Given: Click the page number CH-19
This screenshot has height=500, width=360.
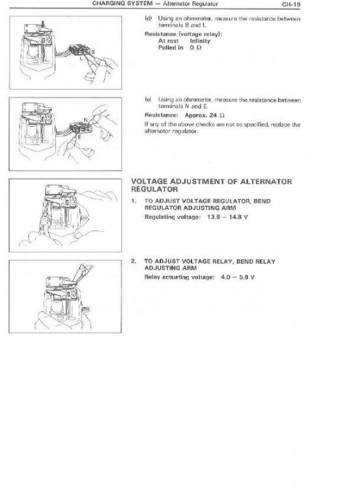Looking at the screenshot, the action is [291, 5].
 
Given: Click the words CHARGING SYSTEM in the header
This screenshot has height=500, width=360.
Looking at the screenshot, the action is [122, 4].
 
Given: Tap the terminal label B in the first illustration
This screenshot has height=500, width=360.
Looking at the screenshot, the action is [93, 51].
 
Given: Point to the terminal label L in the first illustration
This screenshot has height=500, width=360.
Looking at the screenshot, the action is [81, 59].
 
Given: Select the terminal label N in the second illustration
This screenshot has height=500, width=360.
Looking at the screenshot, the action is [85, 120].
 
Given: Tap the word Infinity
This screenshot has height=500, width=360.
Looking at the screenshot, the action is [200, 41].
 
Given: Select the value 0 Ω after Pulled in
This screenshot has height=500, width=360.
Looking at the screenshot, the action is [195, 48].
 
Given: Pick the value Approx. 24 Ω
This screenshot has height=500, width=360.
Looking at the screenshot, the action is [204, 115].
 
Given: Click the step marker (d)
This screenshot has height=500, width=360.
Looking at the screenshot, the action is [148, 18].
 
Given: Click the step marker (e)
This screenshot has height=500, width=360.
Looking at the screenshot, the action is [148, 100].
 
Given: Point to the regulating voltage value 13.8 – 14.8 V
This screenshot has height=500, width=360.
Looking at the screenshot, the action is [227, 217].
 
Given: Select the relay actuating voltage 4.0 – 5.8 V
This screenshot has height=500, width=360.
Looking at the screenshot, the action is [238, 277].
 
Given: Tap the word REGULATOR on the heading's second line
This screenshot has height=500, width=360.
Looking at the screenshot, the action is [155, 189].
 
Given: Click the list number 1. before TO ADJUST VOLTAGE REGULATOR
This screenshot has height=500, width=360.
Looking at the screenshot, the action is [133, 201].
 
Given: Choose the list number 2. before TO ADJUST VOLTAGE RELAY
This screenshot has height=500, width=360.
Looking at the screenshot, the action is [133, 261].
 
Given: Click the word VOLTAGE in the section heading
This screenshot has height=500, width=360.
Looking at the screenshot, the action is [149, 182].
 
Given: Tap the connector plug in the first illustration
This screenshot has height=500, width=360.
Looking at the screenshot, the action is [79, 51].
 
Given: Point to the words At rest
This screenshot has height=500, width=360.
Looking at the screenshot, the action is [169, 41].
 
